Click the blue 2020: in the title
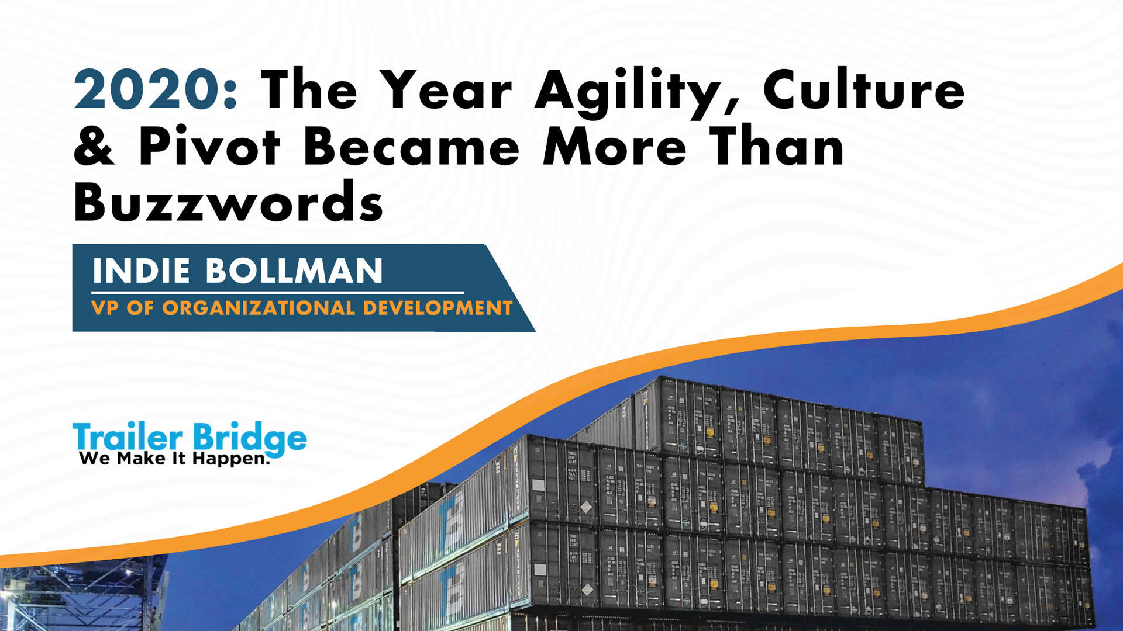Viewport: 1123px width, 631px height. (x=155, y=91)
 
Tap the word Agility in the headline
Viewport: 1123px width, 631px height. (x=629, y=92)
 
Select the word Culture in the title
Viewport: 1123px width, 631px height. (x=864, y=91)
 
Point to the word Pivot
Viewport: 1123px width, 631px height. (x=209, y=146)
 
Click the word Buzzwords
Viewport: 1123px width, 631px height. (x=228, y=202)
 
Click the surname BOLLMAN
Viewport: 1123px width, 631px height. (x=294, y=271)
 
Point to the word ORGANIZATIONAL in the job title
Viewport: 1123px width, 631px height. (x=258, y=308)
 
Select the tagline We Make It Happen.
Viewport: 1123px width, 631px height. (x=174, y=459)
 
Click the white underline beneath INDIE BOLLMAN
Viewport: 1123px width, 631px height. (x=277, y=292)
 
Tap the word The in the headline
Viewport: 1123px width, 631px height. (x=309, y=91)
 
